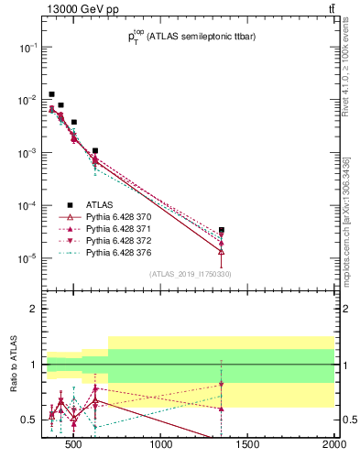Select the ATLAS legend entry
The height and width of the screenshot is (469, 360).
[x=100, y=204]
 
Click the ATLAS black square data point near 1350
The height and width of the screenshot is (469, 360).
[x=222, y=230]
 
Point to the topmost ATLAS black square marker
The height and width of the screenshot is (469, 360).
[x=52, y=94]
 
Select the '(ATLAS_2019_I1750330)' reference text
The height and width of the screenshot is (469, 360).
[x=190, y=274]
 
